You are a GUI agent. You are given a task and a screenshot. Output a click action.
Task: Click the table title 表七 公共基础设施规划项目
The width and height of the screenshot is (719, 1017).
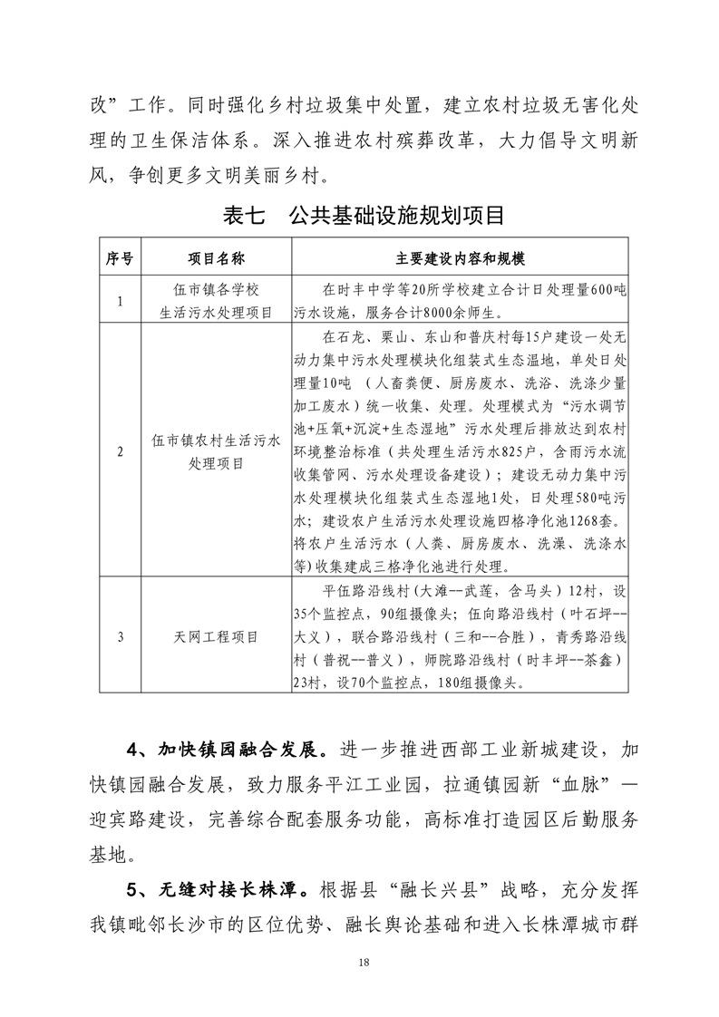363,218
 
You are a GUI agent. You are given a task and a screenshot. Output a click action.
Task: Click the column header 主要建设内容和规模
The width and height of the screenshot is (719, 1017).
461,258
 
